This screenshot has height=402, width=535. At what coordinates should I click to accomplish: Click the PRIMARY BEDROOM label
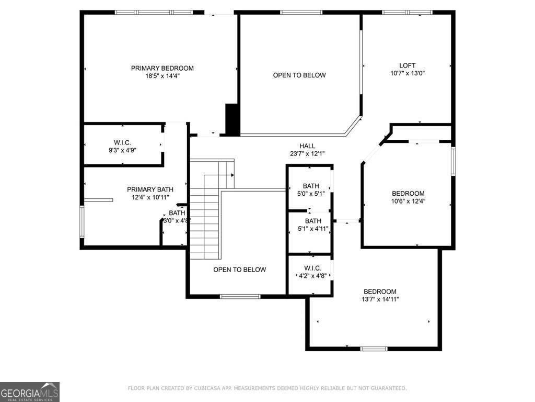pos(162,68)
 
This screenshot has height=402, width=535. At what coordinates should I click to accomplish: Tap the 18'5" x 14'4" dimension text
pos(162,76)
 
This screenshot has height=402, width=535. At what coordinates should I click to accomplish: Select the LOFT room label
pos(408,65)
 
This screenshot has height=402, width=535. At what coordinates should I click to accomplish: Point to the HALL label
pos(307,146)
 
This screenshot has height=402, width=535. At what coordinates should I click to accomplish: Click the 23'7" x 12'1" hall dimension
pos(307,154)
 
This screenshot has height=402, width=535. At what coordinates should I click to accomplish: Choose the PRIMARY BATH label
pos(150,189)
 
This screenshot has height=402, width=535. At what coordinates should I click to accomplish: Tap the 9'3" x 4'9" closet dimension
pos(122,150)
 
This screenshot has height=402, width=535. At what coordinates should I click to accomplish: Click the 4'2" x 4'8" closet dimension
pos(312,275)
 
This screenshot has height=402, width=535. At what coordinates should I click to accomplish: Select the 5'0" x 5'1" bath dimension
pos(311,194)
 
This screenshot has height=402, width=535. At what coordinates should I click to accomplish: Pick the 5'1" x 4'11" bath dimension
pos(313,229)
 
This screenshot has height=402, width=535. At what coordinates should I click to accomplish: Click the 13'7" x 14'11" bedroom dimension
pos(380,299)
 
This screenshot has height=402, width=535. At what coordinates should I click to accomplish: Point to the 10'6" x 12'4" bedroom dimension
pos(408,202)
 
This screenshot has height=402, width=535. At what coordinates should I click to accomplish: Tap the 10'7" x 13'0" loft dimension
pos(408,73)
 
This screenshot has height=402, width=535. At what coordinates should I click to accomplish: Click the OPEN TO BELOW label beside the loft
pos(299,75)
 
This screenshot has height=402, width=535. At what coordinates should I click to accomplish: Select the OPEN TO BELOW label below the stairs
pos(239,270)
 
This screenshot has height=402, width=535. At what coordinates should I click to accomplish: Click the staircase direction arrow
pos(232,175)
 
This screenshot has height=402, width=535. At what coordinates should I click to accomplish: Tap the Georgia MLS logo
pos(30,392)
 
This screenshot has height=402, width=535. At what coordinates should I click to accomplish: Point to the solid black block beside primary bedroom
pos(232,120)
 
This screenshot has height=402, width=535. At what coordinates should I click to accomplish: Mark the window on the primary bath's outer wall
pos(82,221)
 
